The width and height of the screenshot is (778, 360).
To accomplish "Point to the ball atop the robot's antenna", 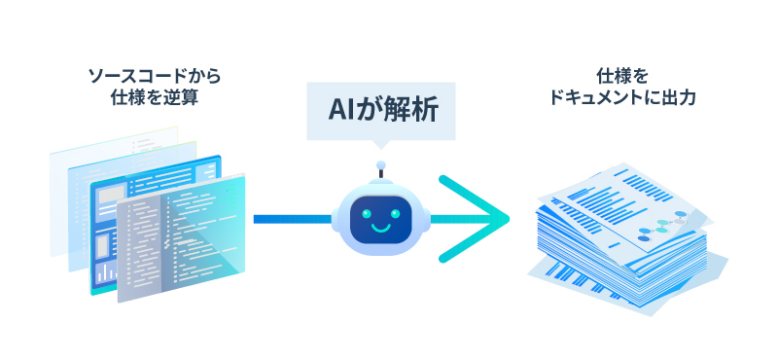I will tap(380, 164).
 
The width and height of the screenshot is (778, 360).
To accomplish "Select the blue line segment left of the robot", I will tap(292, 219).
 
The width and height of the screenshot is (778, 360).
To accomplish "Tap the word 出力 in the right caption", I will tap(680, 98).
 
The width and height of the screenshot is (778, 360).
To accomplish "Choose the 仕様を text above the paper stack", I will tap(621, 75).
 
